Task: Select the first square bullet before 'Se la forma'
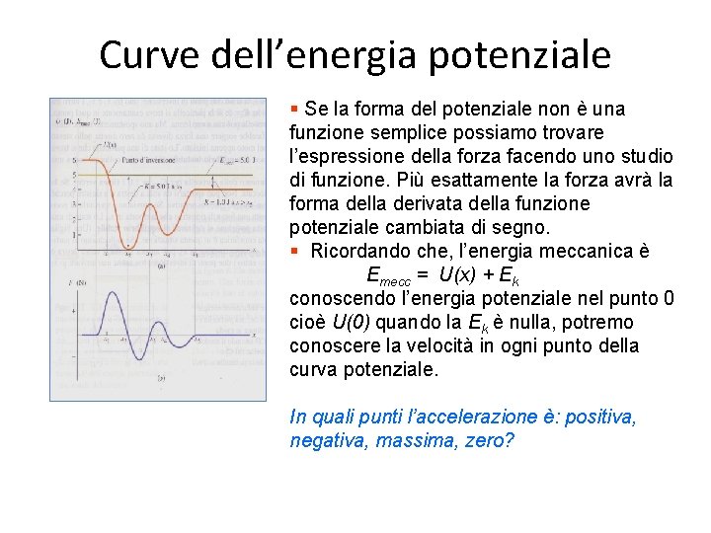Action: pyautogui.click(x=294, y=109)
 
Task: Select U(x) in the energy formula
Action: pyautogui.click(x=466, y=275)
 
